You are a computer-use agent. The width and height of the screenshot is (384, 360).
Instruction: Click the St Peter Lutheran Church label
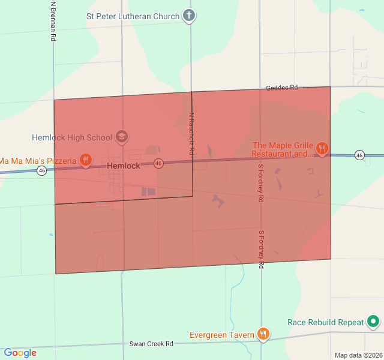click(x=133, y=16)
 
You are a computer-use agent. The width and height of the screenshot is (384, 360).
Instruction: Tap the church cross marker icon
click(x=189, y=16)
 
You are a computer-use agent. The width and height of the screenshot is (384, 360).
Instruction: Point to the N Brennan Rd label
click(x=53, y=21)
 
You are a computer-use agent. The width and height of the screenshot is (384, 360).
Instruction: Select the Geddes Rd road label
click(x=282, y=88)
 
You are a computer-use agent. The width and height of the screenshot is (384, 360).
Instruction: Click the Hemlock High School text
click(x=73, y=137)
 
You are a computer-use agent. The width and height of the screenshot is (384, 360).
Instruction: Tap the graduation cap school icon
click(x=122, y=137)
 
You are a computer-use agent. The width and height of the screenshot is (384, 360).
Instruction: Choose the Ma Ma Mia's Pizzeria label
click(x=38, y=160)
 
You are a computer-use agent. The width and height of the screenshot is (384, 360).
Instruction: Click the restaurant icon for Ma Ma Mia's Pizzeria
click(x=86, y=160)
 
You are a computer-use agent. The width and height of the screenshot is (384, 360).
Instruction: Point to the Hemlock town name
click(x=124, y=166)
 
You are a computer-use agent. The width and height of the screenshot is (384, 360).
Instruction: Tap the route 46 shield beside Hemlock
click(x=158, y=163)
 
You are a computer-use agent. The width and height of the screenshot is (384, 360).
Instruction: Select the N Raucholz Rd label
click(x=191, y=134)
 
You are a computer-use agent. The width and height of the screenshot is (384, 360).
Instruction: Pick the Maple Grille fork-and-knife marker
click(x=322, y=148)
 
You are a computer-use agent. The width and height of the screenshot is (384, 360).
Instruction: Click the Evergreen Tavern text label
click(x=222, y=335)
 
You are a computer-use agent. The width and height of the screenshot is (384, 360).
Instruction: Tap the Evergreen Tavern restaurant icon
click(x=262, y=334)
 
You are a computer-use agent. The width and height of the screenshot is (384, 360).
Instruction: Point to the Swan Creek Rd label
click(x=151, y=344)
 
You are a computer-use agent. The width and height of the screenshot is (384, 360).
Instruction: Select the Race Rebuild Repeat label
click(x=326, y=322)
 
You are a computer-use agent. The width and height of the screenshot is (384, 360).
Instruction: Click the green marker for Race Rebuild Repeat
click(x=373, y=322)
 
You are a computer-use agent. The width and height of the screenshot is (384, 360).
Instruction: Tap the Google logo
click(x=20, y=353)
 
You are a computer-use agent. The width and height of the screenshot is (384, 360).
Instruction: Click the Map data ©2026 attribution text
click(x=358, y=355)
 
